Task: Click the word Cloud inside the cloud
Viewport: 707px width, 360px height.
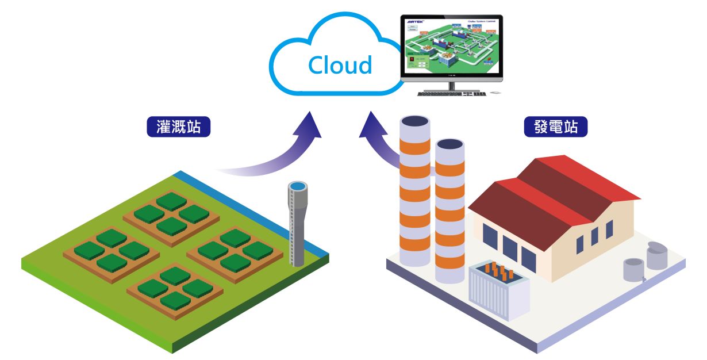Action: point(340,65)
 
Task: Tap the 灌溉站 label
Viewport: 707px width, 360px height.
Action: point(179,127)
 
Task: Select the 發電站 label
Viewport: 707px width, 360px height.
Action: point(556,127)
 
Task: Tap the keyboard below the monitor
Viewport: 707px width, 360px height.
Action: point(451,93)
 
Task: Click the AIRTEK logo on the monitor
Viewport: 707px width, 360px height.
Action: point(415,21)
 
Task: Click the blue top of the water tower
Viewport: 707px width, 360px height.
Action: point(298,187)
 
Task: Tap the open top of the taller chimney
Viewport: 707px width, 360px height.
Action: point(414,121)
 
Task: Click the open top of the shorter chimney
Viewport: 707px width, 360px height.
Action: point(449,144)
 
